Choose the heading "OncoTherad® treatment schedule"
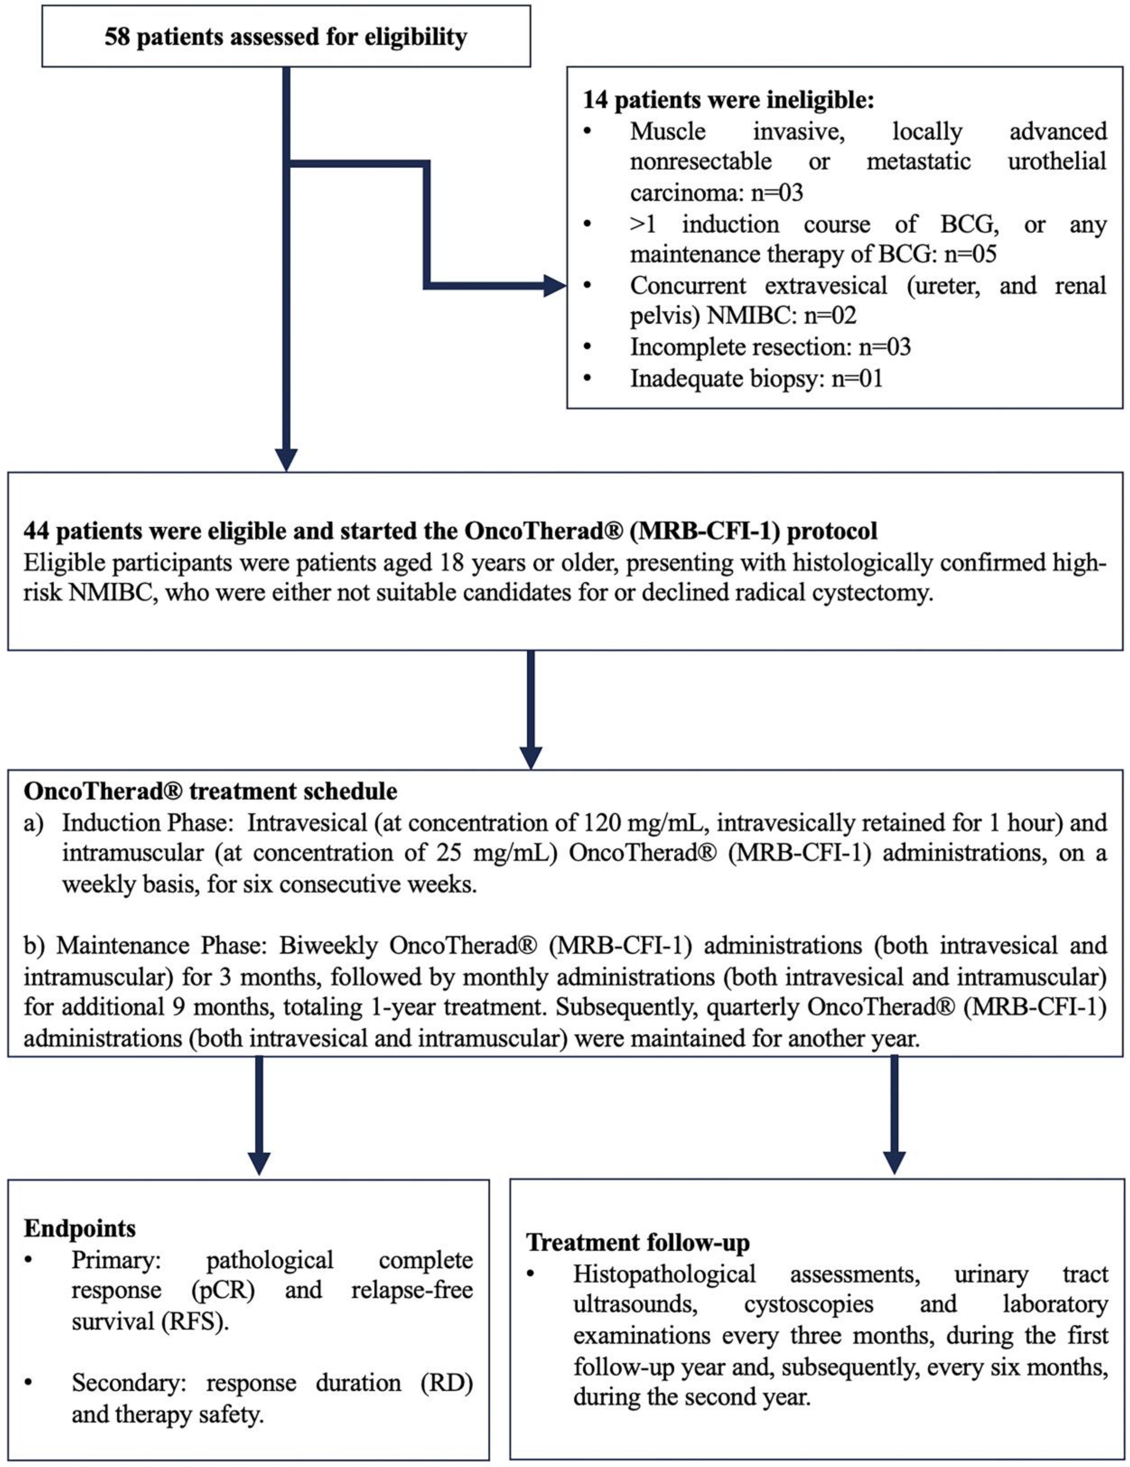(210, 791)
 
